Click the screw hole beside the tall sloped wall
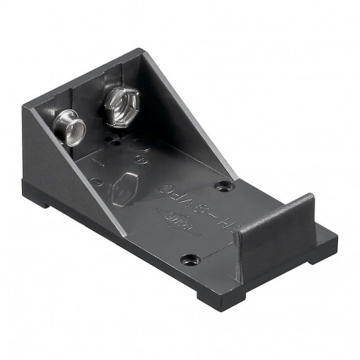[x=226, y=188]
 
